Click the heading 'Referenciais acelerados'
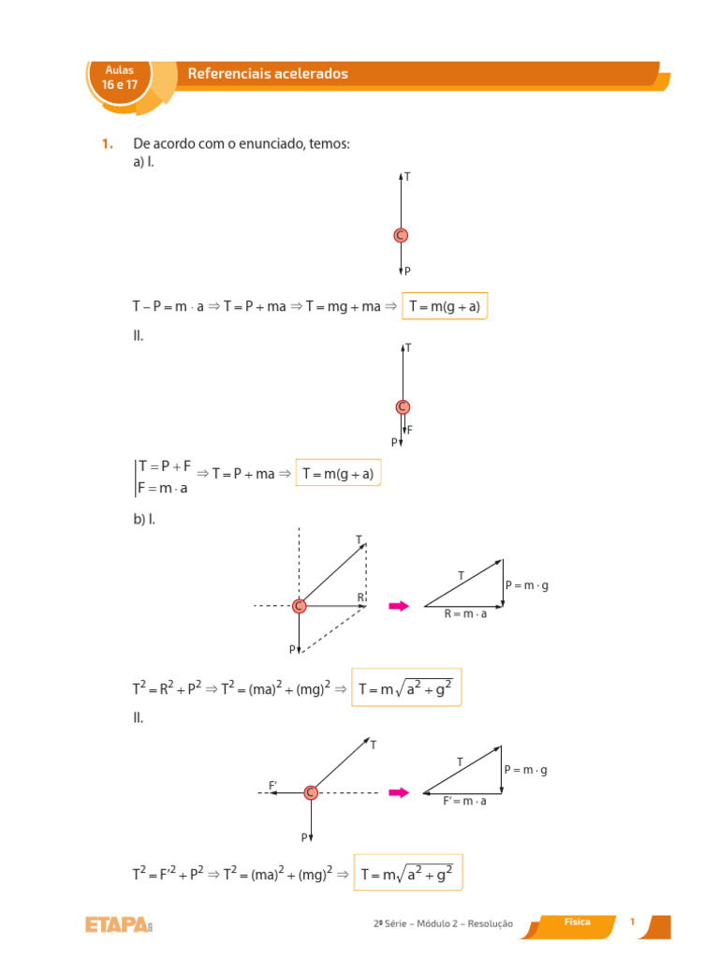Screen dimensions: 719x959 point(268,73)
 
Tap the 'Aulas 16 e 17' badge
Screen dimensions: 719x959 point(120,77)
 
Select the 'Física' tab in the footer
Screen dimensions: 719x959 point(577,922)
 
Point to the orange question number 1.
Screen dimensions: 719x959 point(106,144)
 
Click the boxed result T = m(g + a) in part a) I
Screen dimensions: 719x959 point(445,306)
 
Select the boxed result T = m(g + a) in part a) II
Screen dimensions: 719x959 point(338,474)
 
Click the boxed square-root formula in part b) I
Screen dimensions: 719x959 point(405,687)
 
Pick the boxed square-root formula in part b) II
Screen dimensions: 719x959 point(407,874)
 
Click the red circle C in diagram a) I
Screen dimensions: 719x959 point(401,236)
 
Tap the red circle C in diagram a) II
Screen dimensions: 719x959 point(403,406)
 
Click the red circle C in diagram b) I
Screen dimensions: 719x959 point(299,606)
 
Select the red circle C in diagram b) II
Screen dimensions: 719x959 point(311,792)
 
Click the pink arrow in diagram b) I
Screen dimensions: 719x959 point(399,606)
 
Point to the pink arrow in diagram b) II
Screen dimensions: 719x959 point(399,792)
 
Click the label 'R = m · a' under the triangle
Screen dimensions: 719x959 point(465,615)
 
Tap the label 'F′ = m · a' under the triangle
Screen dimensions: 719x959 point(465,803)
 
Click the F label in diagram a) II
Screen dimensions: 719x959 point(409,430)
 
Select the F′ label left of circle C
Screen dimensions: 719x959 point(273,784)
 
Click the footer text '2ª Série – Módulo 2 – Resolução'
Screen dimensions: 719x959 point(444,923)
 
